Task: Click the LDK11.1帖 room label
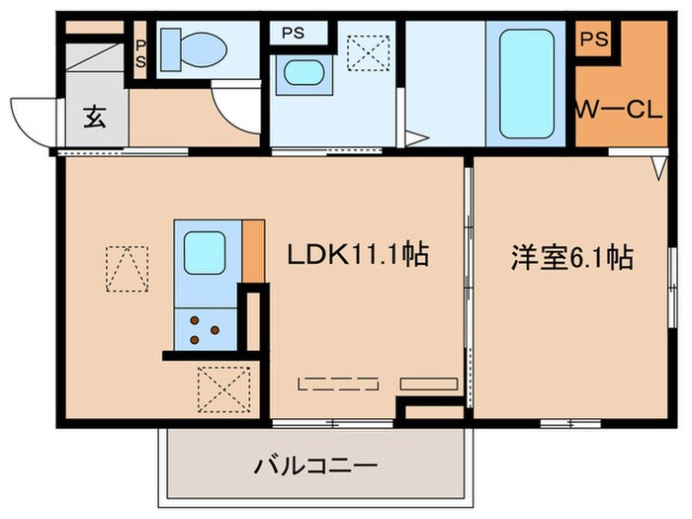(x=357, y=257)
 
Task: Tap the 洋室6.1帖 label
(x=570, y=258)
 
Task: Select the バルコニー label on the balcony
(x=313, y=464)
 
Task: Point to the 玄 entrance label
(x=94, y=121)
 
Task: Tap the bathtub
(x=525, y=83)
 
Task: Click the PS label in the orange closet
(x=593, y=40)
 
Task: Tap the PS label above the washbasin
(x=293, y=32)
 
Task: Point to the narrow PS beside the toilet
(x=140, y=51)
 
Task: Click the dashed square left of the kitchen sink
(x=128, y=269)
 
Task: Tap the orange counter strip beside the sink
(x=252, y=251)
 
